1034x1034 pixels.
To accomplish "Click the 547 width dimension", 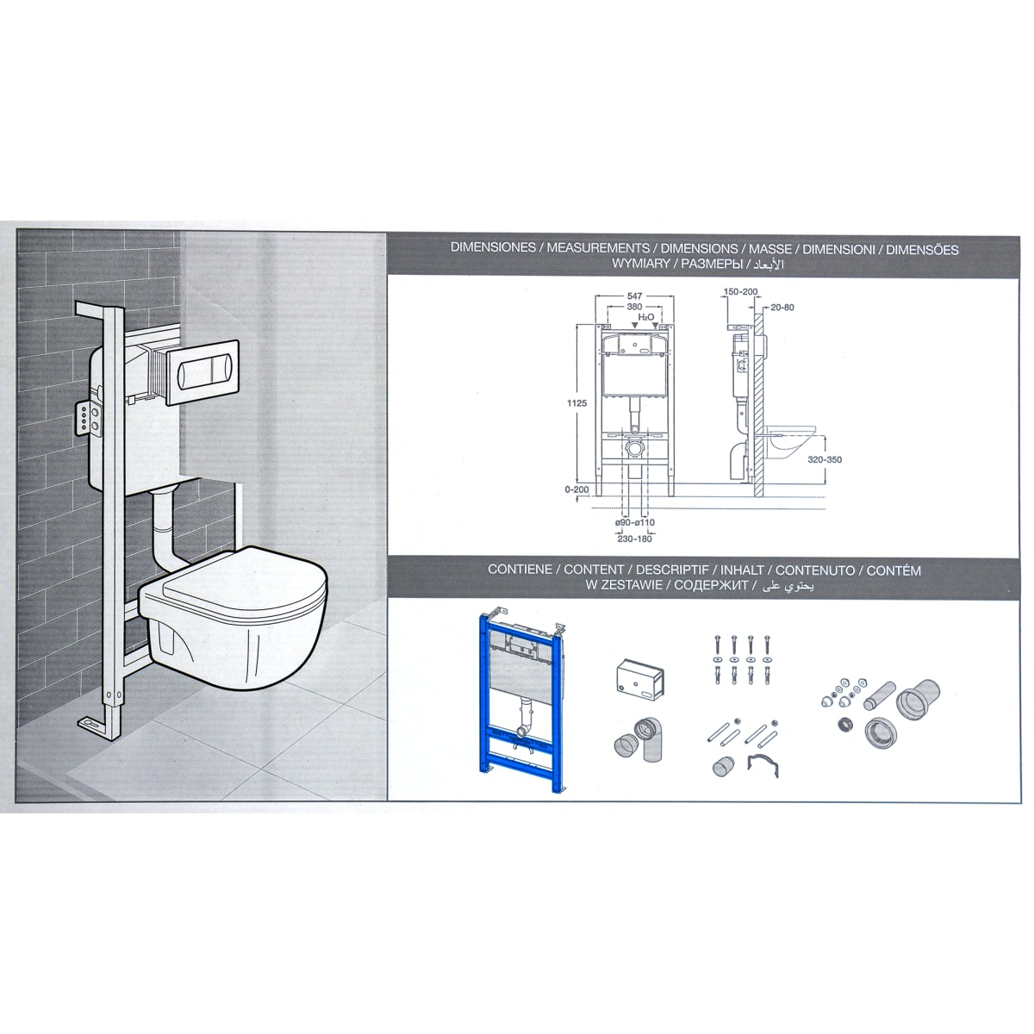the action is (634, 296).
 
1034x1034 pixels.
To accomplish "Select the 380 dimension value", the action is (634, 307).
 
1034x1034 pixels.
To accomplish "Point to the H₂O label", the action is (646, 318).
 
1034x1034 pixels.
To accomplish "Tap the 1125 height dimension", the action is (577, 403).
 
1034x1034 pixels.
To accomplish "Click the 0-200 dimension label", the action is (576, 489).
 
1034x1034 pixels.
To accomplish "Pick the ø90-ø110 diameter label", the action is (635, 523).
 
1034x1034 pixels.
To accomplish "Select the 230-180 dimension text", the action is (635, 539).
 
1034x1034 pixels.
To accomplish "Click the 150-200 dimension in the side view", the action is (740, 292).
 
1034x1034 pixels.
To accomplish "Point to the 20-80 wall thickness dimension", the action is (782, 308).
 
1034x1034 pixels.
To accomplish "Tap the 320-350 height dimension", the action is (825, 460).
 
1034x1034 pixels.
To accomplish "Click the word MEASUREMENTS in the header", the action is (598, 248).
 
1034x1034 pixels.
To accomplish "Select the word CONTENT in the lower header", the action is (594, 570).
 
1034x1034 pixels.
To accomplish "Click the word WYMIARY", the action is (641, 264).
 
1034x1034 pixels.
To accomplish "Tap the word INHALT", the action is (742, 570).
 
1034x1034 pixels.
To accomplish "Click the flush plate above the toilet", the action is (202, 372).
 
